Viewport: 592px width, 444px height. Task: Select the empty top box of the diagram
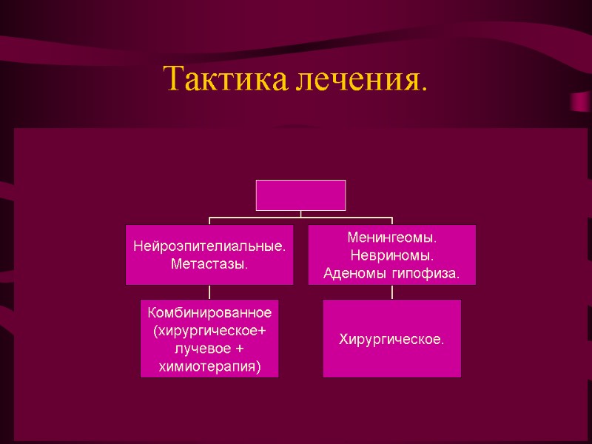tap(300, 195)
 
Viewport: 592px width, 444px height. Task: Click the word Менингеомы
tap(392, 239)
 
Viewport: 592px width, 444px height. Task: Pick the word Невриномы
tap(392, 256)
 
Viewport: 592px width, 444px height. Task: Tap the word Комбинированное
tap(209, 314)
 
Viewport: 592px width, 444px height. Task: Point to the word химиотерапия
tap(209, 366)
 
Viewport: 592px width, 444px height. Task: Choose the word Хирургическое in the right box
tap(391, 340)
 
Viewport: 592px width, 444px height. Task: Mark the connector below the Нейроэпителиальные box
tap(209, 292)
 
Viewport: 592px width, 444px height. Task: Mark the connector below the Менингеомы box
tap(392, 292)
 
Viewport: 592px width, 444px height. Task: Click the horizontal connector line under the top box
tap(300, 218)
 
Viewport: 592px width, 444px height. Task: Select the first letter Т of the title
tap(172, 79)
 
